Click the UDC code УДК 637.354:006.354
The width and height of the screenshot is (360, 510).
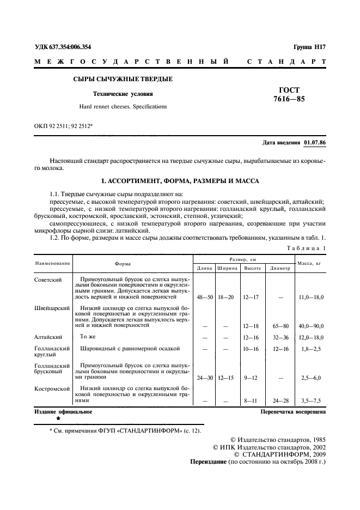(x=63, y=47)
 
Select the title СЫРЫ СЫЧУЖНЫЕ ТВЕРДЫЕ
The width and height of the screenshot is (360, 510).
(x=123, y=80)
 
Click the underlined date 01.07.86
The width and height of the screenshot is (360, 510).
(x=314, y=143)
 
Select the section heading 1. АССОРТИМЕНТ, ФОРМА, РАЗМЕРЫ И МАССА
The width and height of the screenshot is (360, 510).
(x=180, y=180)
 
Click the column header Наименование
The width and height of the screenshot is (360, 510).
(x=53, y=263)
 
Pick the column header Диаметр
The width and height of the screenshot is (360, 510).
(x=279, y=268)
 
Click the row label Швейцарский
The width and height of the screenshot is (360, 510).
(x=52, y=308)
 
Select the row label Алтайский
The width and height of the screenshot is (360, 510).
(x=49, y=337)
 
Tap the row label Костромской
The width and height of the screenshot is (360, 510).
(x=52, y=389)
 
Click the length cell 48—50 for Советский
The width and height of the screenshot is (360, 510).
(x=204, y=297)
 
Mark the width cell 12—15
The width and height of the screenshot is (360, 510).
(x=227, y=377)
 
